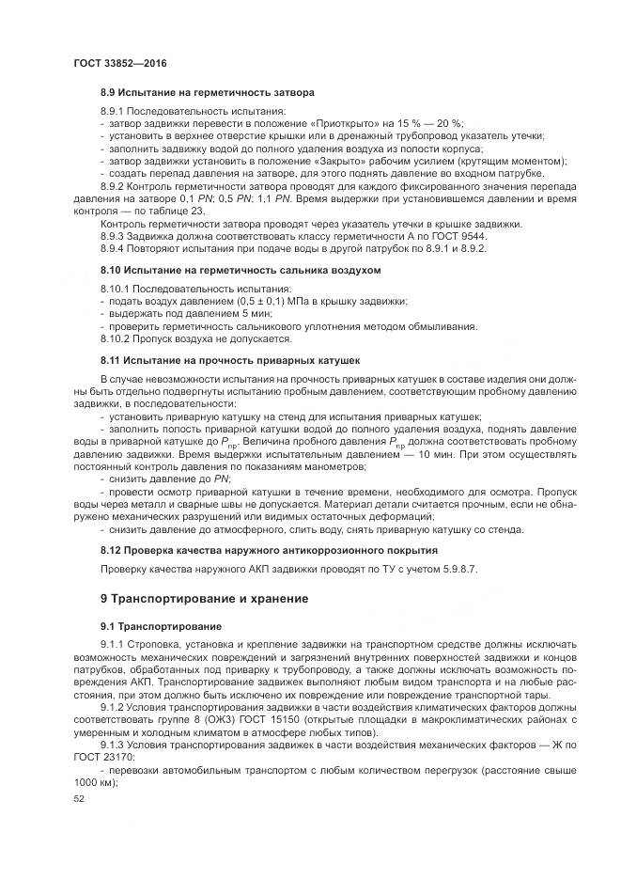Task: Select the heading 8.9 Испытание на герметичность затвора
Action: [x=207, y=93]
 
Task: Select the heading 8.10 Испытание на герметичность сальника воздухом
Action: [x=241, y=271]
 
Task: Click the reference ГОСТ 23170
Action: [x=104, y=758]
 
